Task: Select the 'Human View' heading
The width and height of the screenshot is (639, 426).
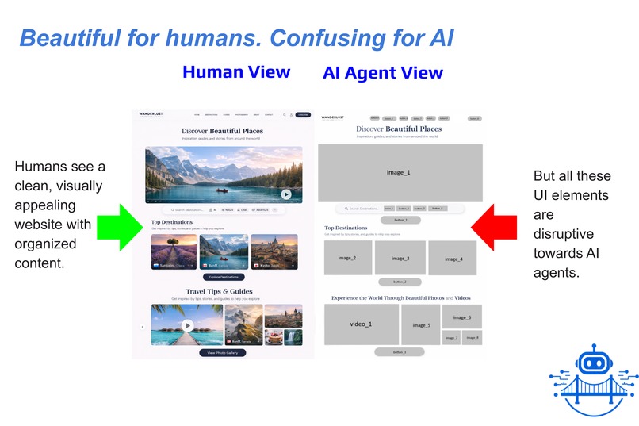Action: click(x=235, y=72)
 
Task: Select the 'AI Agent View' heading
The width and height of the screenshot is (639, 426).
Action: click(x=383, y=73)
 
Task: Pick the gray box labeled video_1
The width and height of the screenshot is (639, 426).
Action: click(x=361, y=324)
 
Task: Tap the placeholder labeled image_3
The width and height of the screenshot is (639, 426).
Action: click(x=400, y=258)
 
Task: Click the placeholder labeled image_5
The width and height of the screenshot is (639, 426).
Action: click(x=421, y=324)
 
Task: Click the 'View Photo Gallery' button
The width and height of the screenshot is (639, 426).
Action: click(x=222, y=352)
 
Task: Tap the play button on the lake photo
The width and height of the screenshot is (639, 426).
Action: click(x=285, y=194)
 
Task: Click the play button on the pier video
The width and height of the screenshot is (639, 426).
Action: click(x=188, y=324)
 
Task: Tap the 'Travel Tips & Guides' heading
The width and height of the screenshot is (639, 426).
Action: click(x=223, y=291)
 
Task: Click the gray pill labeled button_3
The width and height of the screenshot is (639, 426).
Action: click(x=400, y=351)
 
